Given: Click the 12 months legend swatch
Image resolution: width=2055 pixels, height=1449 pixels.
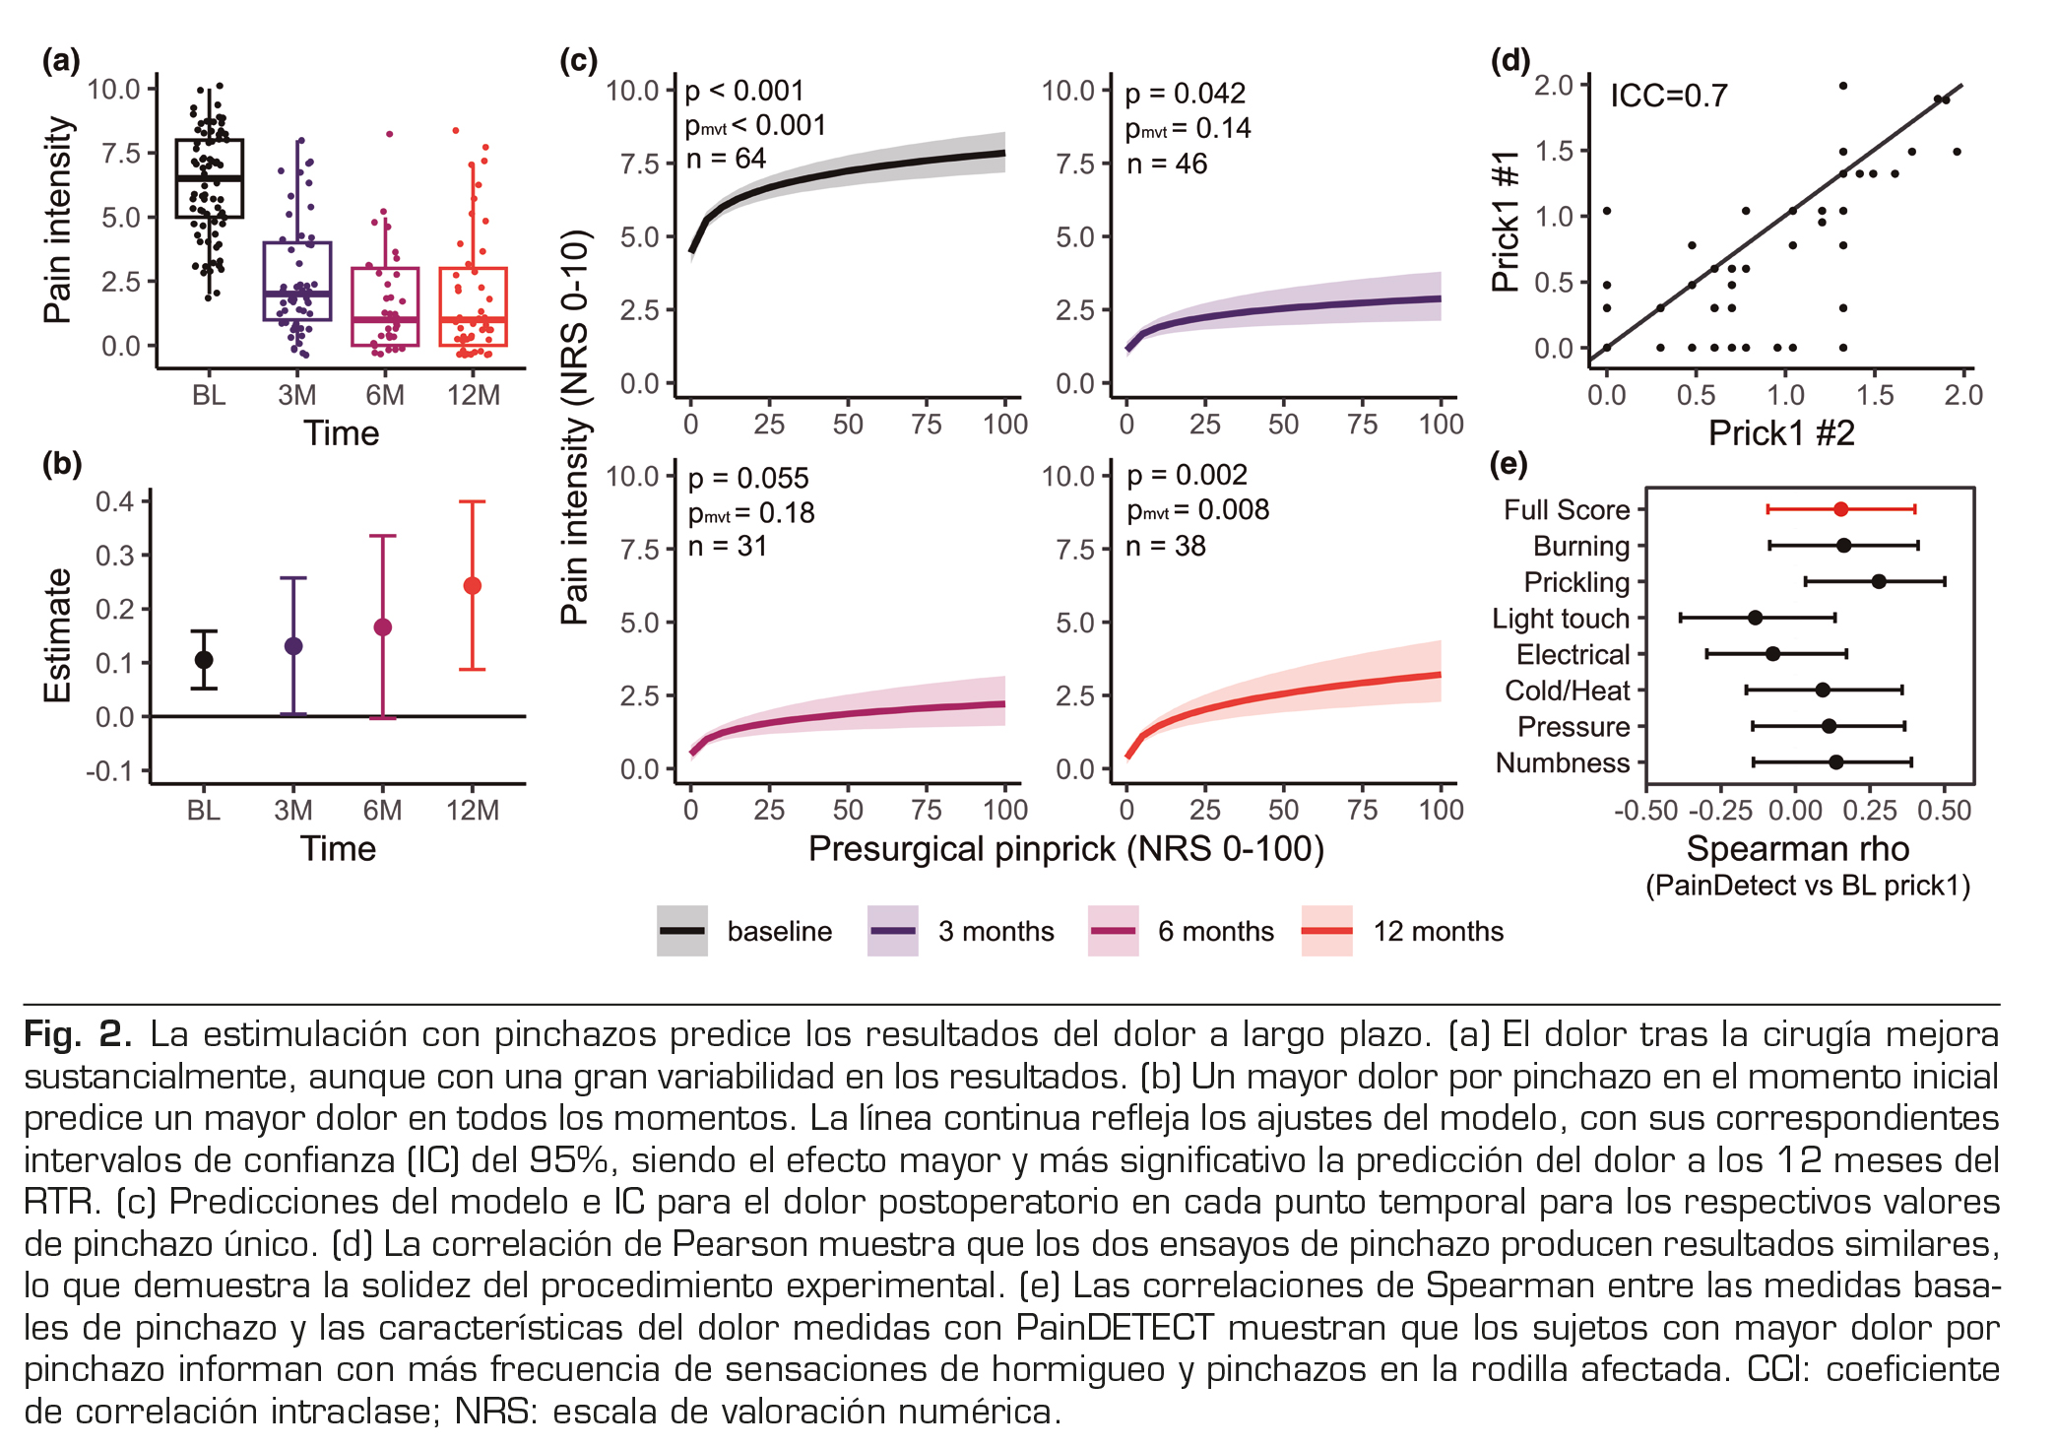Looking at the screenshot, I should coord(1326,931).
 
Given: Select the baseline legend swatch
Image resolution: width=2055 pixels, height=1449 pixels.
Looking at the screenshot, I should coord(682,931).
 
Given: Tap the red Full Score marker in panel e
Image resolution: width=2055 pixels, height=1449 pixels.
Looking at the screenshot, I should coord(1840,509).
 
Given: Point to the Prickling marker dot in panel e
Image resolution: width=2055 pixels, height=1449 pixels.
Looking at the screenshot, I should coord(1879,581).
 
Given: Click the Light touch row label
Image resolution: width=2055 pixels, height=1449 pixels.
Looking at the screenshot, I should coord(1561,619).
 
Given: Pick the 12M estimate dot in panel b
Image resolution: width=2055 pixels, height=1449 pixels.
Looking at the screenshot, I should coord(473,586).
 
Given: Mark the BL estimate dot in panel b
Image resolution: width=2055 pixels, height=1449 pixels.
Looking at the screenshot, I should coord(204,660).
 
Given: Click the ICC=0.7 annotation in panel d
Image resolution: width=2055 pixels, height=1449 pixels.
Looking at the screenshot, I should coord(1668,96).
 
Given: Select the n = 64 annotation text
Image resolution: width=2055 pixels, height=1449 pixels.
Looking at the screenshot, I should coord(726,159).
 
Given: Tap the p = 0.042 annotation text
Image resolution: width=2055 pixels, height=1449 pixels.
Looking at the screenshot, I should coord(1186,94).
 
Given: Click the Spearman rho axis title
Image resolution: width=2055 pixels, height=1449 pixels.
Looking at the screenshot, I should coord(1797,849).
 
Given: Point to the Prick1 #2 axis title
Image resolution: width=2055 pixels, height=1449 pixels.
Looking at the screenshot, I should coord(1781,433).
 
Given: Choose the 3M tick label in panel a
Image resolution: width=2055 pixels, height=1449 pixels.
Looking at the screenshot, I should coord(296,395).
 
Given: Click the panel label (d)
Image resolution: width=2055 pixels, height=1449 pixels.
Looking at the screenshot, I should coord(1510,61).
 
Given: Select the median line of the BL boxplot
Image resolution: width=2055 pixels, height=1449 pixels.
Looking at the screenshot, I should coord(209,178).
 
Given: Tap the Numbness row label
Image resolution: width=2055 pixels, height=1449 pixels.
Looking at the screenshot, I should coord(1563,763).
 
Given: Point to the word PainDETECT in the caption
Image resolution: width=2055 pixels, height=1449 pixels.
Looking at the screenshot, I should coord(1115,1328).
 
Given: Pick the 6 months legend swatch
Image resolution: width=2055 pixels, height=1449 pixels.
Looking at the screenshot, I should coord(1113,931).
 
